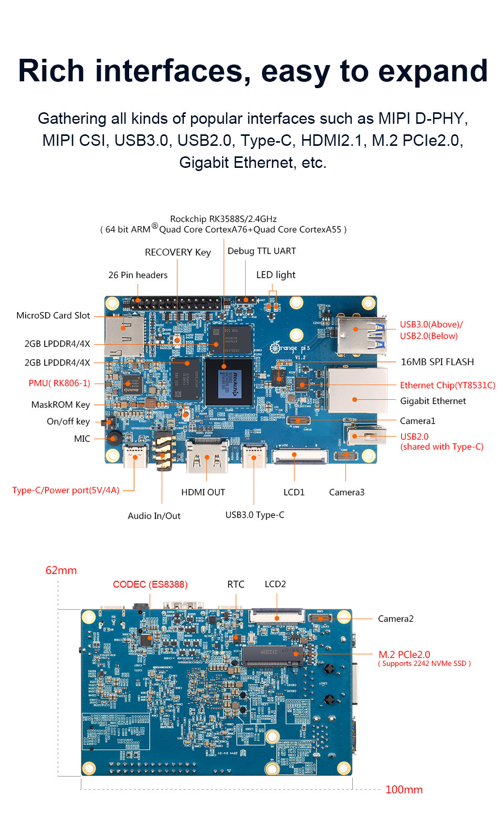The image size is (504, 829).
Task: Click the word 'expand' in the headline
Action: click(x=433, y=71)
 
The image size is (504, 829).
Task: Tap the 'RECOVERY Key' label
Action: click(x=177, y=252)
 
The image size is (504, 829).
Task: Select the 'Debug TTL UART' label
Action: click(x=261, y=251)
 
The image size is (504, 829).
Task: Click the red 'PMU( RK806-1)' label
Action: click(x=59, y=383)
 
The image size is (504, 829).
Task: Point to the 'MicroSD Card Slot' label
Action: click(x=53, y=315)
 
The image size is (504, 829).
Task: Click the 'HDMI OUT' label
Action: click(x=203, y=492)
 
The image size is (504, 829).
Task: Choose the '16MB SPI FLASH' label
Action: click(x=437, y=362)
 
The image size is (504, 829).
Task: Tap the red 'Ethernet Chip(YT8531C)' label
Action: click(x=447, y=385)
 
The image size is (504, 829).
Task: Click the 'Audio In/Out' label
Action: click(x=154, y=516)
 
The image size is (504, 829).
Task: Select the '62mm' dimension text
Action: click(x=61, y=570)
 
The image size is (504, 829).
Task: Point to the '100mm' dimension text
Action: click(x=404, y=790)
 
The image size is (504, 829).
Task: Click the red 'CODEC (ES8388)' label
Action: click(x=150, y=584)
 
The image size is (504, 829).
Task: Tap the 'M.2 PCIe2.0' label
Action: click(x=404, y=654)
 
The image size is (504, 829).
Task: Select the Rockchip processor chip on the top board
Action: click(x=229, y=382)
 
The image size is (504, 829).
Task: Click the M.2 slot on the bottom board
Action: click(x=272, y=655)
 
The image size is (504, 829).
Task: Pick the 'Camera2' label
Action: click(x=395, y=619)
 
